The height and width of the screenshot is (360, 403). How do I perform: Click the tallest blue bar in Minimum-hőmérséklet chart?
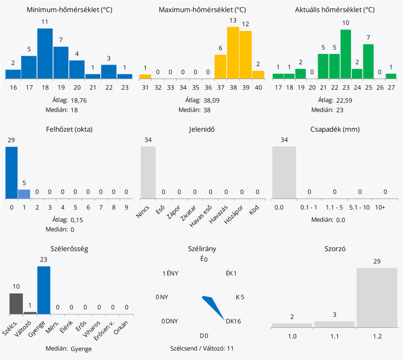[x=45, y=53]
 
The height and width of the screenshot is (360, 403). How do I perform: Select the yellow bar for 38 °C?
[x=233, y=52]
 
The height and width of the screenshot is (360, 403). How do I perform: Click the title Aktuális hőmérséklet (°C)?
[x=335, y=10]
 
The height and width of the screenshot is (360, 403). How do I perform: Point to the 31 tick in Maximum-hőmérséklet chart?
[x=145, y=87]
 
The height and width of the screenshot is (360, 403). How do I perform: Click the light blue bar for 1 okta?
[x=24, y=194]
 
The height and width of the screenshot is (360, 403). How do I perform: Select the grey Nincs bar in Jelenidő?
[x=148, y=172]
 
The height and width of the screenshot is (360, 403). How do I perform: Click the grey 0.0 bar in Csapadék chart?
[x=284, y=172]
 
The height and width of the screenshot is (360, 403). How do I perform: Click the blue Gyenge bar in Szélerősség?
[x=44, y=290]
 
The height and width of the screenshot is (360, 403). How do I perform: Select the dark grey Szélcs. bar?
[x=16, y=303]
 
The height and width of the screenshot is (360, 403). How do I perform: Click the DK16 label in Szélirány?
[x=233, y=321]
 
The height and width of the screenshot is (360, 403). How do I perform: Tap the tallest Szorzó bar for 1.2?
[x=377, y=297]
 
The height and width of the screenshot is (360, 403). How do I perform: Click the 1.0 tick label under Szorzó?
[x=292, y=336]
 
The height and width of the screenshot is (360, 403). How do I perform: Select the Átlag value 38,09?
[x=213, y=100]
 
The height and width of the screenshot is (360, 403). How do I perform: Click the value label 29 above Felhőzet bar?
[x=11, y=140]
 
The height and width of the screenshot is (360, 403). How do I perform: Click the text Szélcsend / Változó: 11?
[x=202, y=348]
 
